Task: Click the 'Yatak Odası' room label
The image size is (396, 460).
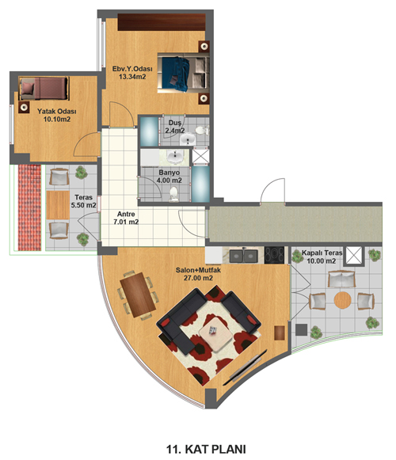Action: (x=57, y=112)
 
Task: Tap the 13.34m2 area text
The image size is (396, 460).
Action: (x=132, y=77)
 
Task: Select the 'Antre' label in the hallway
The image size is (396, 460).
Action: (x=126, y=214)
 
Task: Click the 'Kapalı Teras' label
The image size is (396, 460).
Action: (x=322, y=253)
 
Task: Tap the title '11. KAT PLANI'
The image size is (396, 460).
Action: (x=206, y=449)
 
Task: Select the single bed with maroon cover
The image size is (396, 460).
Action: (x=44, y=89)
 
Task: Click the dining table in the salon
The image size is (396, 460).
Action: (x=138, y=295)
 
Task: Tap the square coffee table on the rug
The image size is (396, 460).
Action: (x=216, y=334)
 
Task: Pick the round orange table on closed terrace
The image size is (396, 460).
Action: (x=343, y=300)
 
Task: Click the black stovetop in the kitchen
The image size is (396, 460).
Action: (x=275, y=255)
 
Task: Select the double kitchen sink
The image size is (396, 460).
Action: (x=244, y=256)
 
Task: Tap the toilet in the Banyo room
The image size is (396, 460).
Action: (x=173, y=194)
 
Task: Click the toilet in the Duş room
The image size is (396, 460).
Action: (x=202, y=131)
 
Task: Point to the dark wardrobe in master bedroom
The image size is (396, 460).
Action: (x=162, y=22)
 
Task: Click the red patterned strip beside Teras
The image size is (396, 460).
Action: (x=29, y=207)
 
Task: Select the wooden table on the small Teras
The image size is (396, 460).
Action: (x=58, y=205)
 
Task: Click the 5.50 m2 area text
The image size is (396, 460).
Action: (x=83, y=205)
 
